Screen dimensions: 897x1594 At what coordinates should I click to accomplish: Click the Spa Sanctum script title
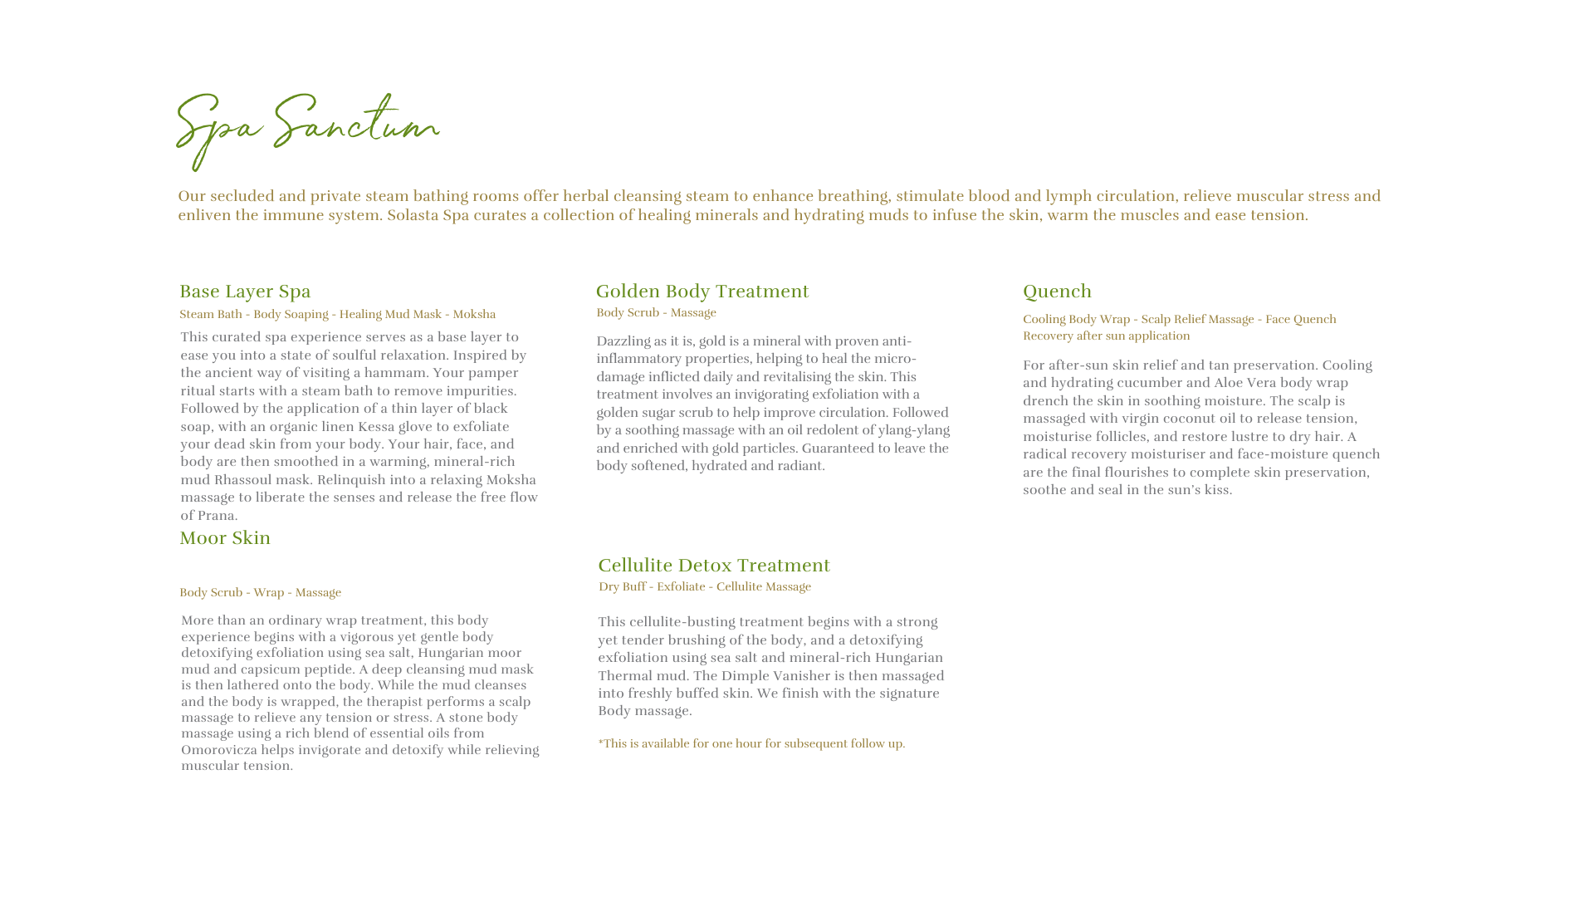tap(307, 129)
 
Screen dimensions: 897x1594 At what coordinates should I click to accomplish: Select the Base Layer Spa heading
tap(245, 292)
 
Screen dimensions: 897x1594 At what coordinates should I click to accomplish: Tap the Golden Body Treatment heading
tap(702, 292)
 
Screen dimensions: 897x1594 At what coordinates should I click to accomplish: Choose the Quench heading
tap(1057, 292)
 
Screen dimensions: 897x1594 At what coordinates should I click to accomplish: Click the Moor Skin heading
tap(225, 538)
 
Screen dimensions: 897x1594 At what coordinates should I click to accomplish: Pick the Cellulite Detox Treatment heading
tap(714, 566)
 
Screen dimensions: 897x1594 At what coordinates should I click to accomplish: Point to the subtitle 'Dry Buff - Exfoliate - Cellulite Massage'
tap(705, 587)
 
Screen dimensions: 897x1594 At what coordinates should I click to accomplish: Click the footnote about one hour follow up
tap(751, 744)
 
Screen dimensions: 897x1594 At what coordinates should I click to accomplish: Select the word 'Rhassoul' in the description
tap(242, 480)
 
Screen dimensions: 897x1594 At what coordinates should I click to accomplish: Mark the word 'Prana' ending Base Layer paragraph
tap(216, 516)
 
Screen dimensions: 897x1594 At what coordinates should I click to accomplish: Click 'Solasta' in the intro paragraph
tap(413, 215)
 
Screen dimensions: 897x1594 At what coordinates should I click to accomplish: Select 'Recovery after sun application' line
tap(1106, 336)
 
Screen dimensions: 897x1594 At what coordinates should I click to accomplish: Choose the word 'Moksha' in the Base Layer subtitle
tap(474, 315)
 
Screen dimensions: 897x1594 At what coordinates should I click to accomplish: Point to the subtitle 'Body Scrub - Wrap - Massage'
tap(260, 593)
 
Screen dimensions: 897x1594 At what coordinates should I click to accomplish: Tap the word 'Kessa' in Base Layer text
tap(376, 427)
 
